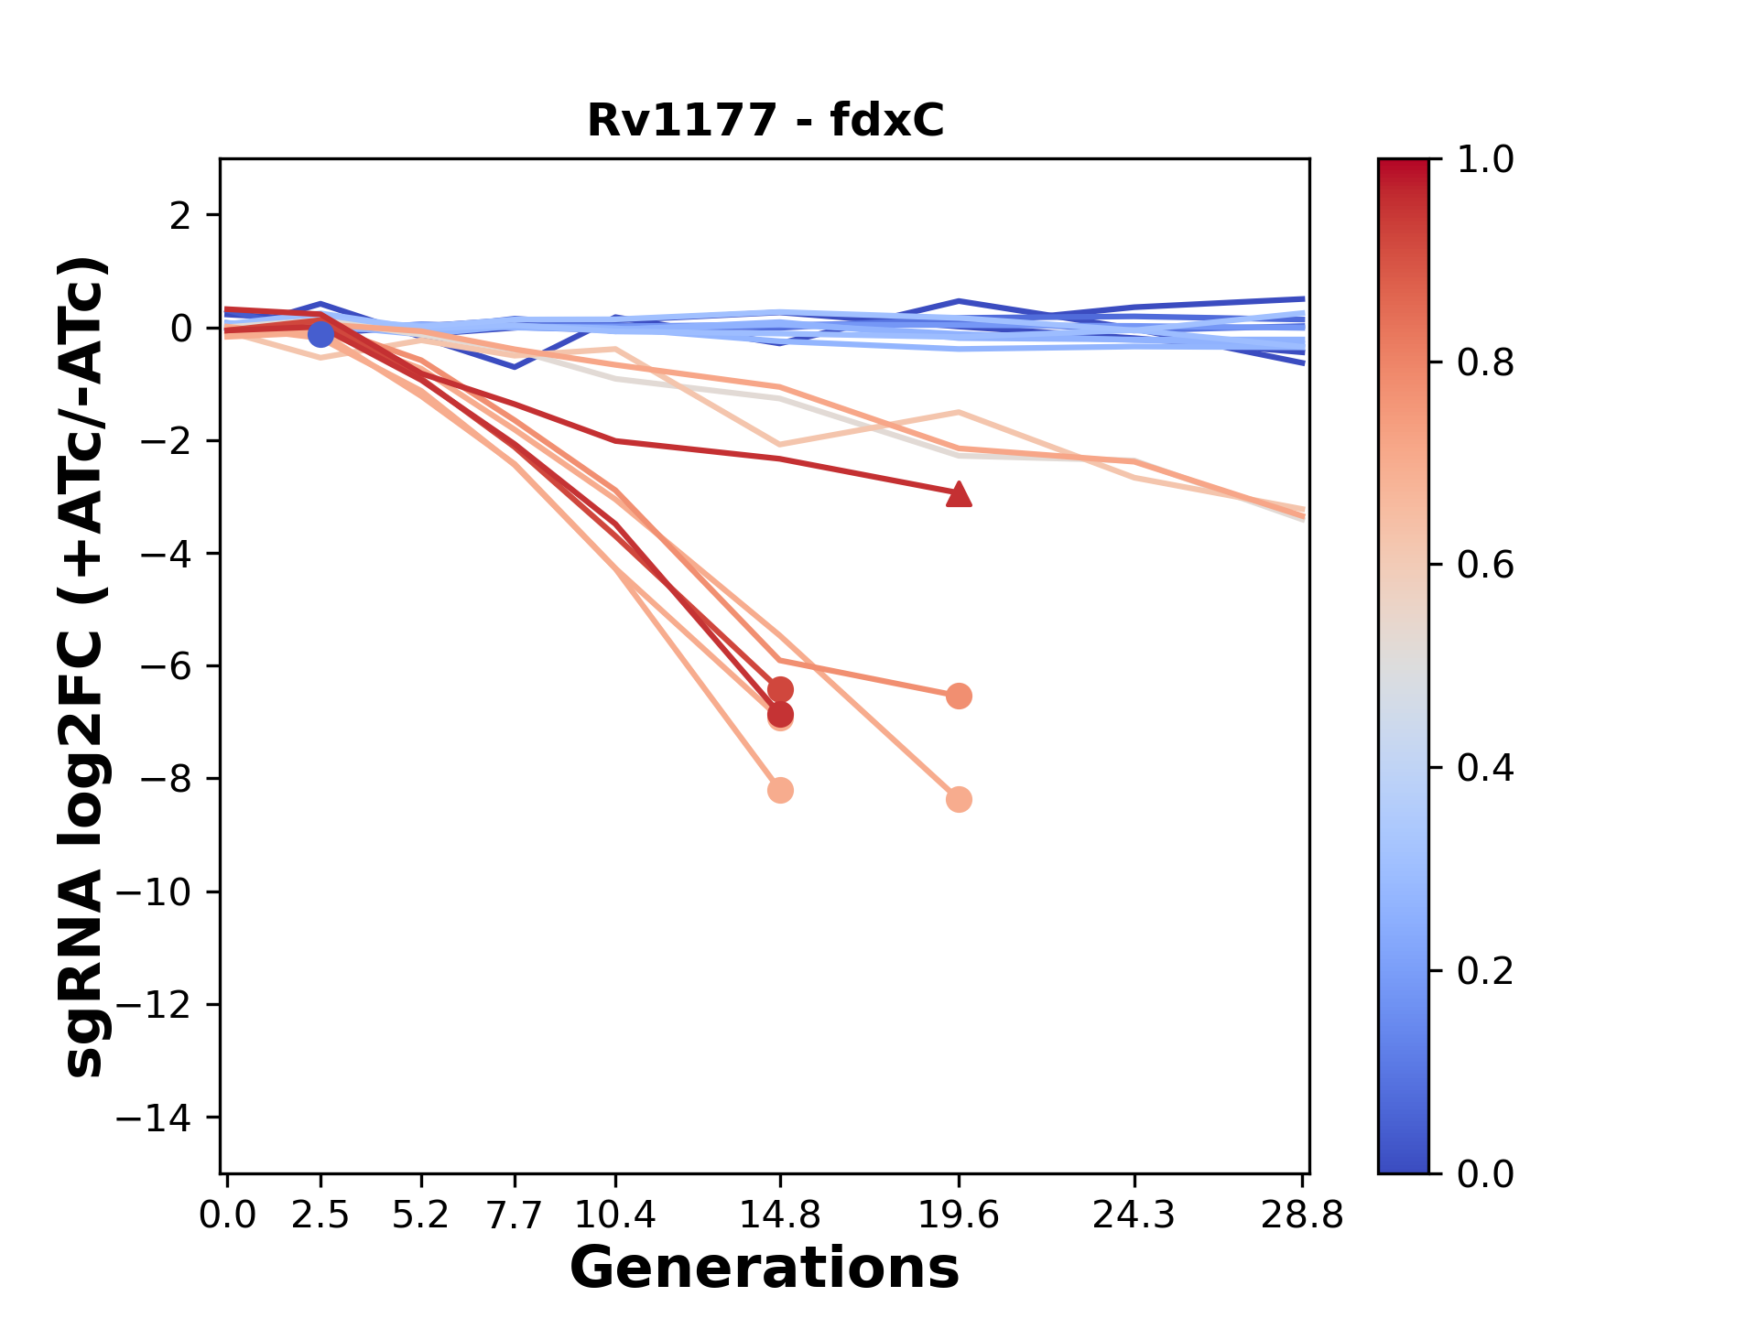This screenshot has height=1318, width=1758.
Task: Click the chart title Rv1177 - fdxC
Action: [x=765, y=121]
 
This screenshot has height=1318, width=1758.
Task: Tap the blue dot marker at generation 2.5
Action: [x=320, y=335]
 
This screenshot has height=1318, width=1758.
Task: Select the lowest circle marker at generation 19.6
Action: [x=959, y=799]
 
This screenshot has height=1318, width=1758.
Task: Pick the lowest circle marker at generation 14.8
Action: [x=780, y=790]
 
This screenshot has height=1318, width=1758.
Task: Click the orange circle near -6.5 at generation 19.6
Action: [x=959, y=697]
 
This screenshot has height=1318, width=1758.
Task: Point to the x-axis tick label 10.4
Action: [x=615, y=1215]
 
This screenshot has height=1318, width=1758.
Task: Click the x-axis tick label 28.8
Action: [x=1302, y=1215]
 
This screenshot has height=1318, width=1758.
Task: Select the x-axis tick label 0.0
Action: [x=227, y=1215]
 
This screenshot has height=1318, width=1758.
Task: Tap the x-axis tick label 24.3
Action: [x=1134, y=1215]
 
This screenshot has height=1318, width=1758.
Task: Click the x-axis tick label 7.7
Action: [x=515, y=1215]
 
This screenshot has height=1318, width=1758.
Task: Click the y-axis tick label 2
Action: [x=180, y=215]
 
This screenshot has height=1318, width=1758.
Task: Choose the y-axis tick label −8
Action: [x=165, y=779]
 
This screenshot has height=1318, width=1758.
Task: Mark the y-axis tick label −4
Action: [x=165, y=554]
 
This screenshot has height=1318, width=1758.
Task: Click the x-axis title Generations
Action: [x=765, y=1269]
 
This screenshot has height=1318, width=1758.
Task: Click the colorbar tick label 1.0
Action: [x=1485, y=160]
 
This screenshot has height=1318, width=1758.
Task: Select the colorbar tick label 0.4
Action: [x=1485, y=768]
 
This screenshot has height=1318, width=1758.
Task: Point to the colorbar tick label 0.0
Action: [x=1485, y=1173]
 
